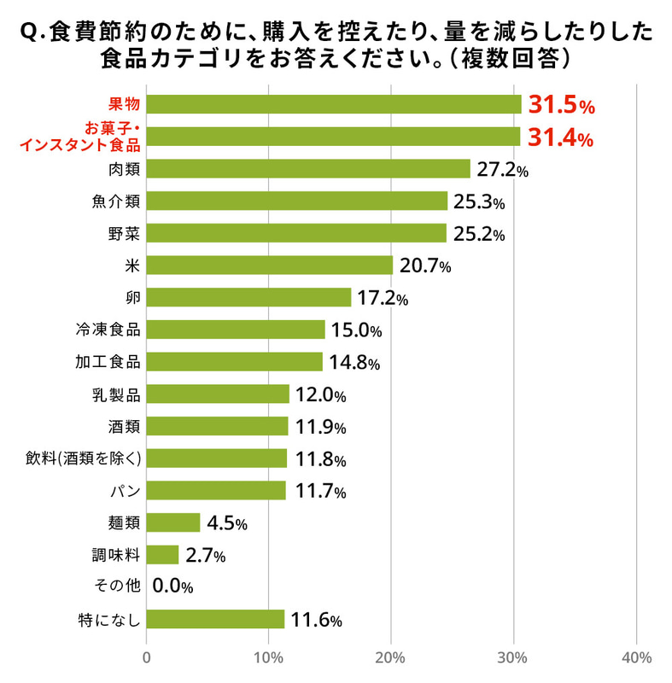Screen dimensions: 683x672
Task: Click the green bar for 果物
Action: [x=333, y=104]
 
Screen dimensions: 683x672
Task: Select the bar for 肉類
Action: [x=307, y=169]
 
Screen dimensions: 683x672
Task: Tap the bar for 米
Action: [x=269, y=266]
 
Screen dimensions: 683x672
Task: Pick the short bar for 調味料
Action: [x=162, y=555]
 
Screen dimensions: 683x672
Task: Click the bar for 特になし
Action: [x=215, y=619]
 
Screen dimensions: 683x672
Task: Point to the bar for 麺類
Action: [x=172, y=522]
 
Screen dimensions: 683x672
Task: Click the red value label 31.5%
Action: [x=560, y=105]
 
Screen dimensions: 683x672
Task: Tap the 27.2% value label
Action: [x=502, y=170]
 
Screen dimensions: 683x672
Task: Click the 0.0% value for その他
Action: [x=172, y=587]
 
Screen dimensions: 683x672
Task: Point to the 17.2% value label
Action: [x=383, y=299]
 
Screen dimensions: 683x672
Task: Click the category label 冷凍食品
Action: [x=108, y=329]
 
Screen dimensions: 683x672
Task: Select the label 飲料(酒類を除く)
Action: [x=83, y=458]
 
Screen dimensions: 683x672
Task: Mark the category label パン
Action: [x=126, y=490]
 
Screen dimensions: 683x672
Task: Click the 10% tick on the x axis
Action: [x=269, y=658]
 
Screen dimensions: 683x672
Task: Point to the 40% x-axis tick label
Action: [x=637, y=658]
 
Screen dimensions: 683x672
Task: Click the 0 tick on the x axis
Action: [x=146, y=658]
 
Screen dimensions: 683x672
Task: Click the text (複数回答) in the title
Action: [x=509, y=61]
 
